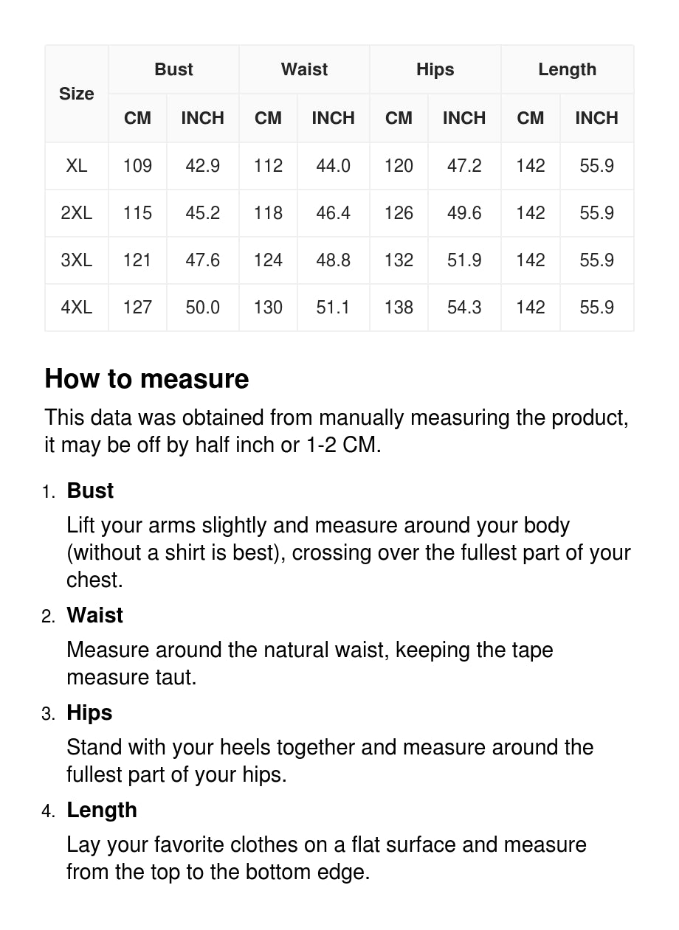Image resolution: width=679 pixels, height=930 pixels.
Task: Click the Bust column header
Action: (173, 69)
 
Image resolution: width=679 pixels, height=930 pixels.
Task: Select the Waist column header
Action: (304, 69)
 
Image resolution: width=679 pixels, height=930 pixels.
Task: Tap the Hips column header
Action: (435, 69)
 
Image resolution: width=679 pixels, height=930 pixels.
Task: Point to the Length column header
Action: (567, 69)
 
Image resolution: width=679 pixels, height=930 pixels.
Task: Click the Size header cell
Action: (77, 94)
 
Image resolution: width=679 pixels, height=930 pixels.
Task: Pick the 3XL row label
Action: (77, 260)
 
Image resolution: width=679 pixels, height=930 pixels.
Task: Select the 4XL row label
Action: (77, 308)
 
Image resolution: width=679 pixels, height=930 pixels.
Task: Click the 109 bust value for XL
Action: (137, 166)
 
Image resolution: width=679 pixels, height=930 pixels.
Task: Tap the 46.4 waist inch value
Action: (333, 213)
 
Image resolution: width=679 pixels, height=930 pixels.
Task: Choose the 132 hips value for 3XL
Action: (399, 260)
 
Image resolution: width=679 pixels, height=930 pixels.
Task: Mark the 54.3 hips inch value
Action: (464, 308)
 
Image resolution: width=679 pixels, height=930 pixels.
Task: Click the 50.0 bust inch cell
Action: (202, 308)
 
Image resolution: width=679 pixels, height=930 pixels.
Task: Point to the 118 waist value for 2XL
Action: (268, 213)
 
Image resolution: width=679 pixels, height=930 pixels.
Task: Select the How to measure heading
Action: (147, 378)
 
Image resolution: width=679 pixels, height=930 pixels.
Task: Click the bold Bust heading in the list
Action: (90, 490)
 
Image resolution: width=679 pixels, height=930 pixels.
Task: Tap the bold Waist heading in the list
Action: (94, 615)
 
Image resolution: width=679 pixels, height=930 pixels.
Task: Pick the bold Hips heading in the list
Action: (89, 712)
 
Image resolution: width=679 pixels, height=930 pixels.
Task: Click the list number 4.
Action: (48, 811)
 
